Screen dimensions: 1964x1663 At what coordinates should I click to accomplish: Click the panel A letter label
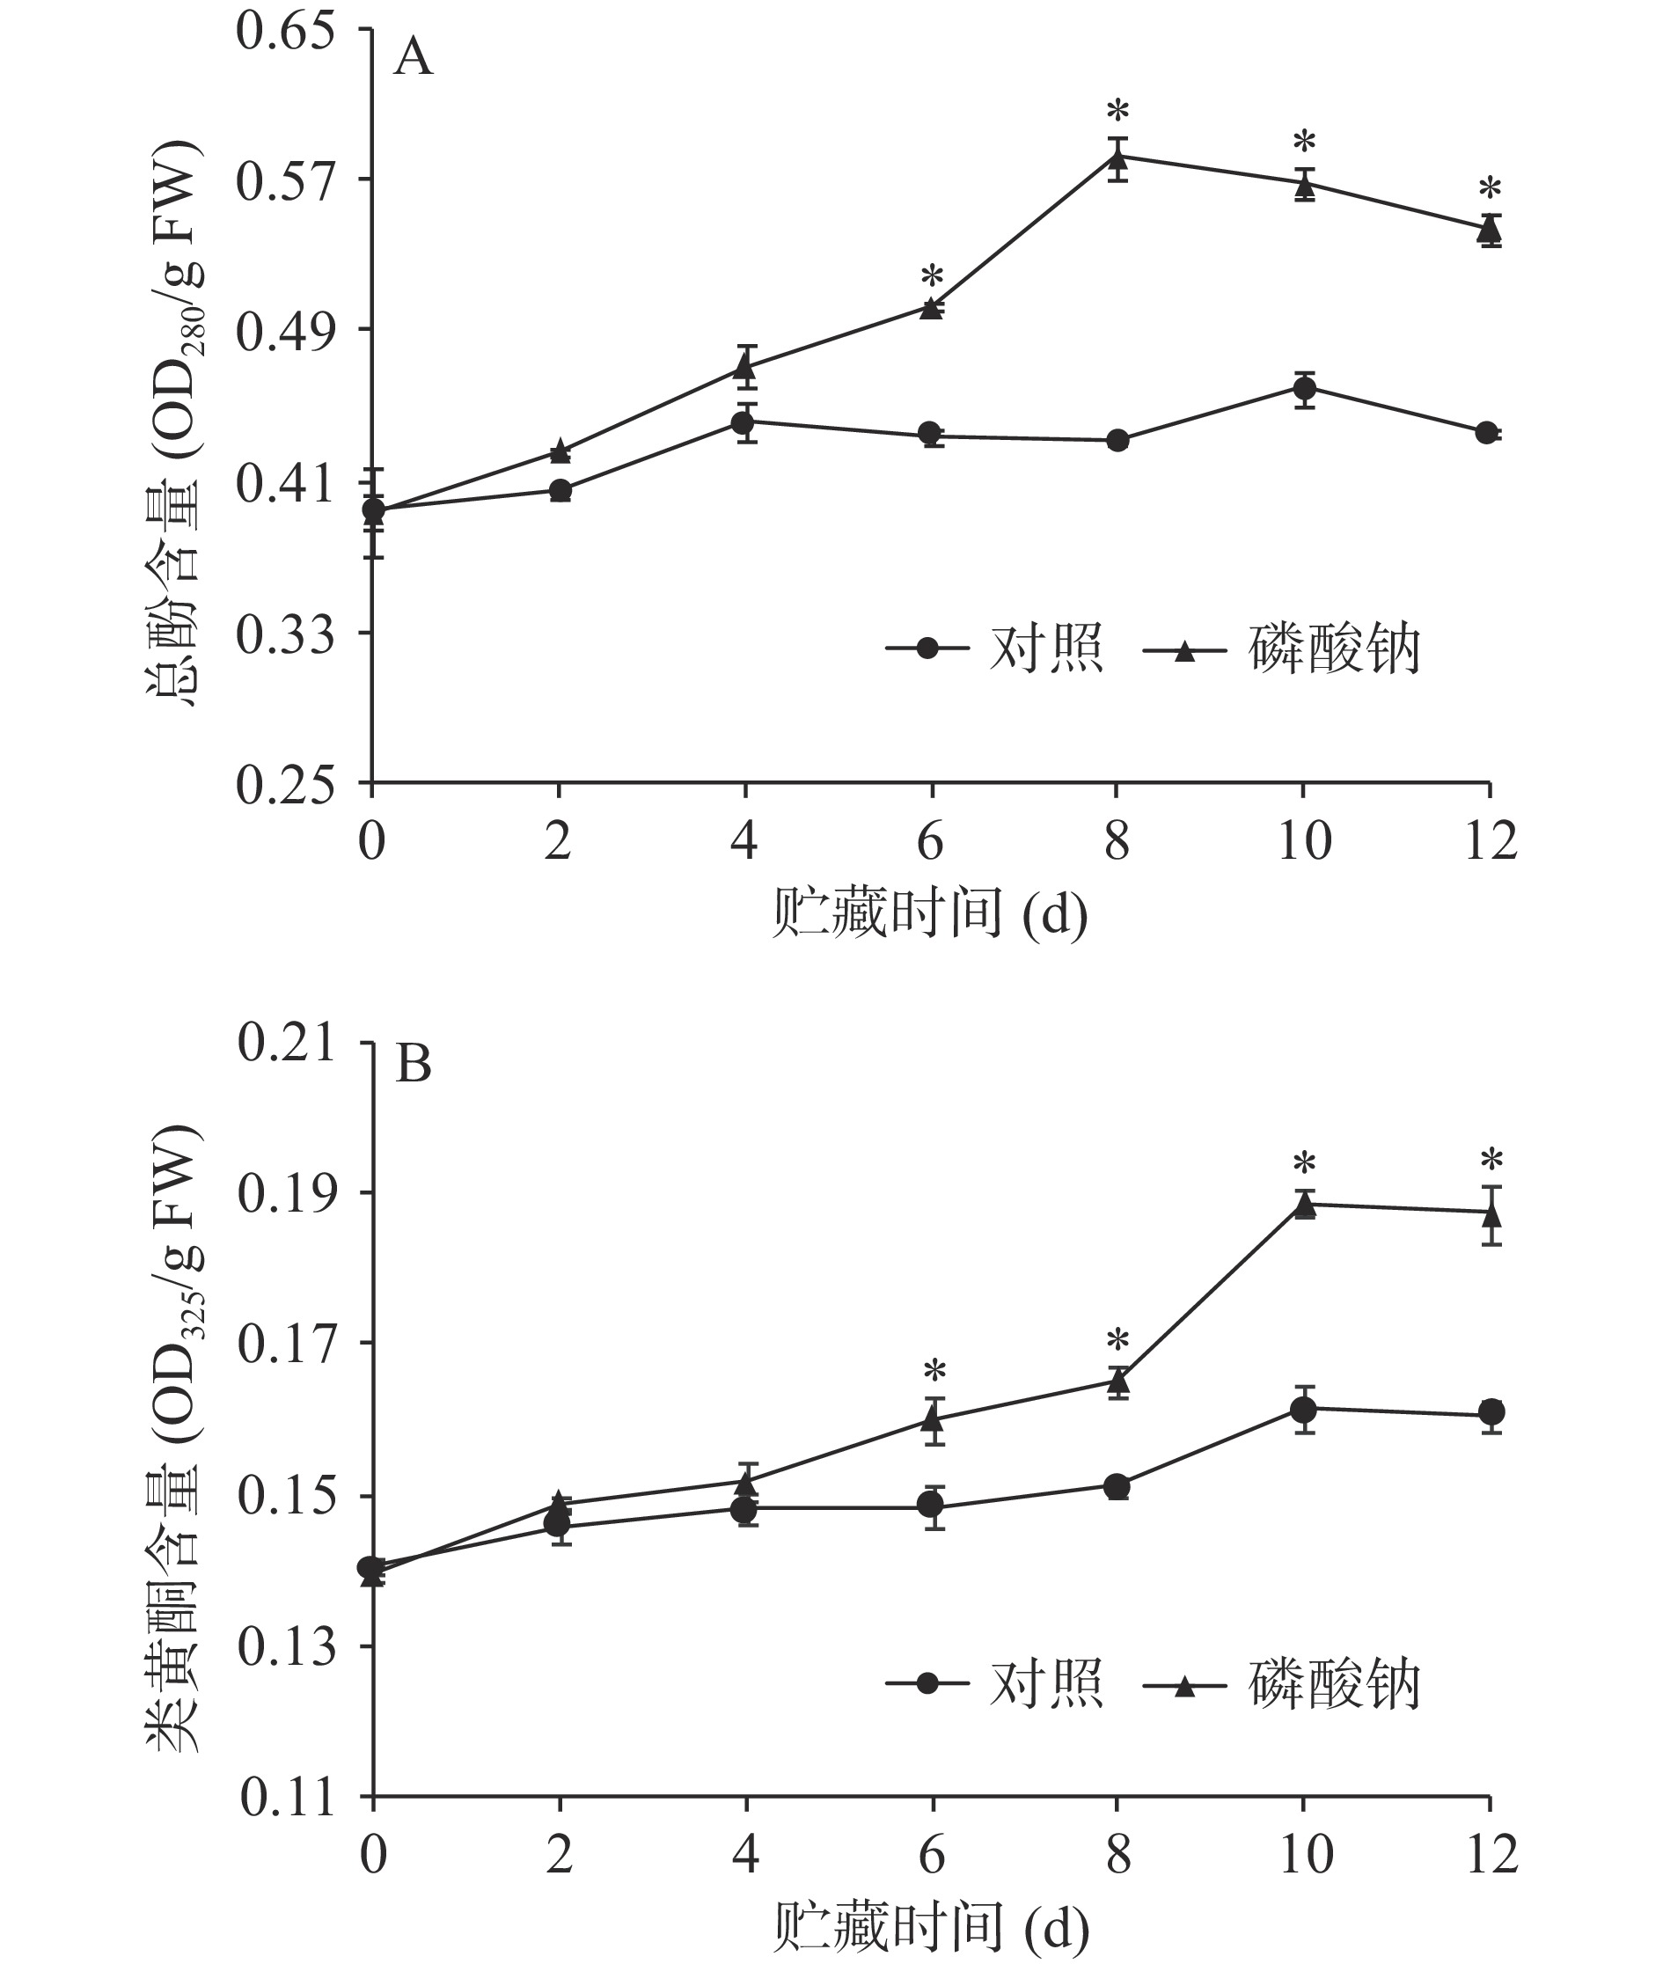(413, 58)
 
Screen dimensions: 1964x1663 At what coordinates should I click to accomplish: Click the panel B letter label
(413, 1065)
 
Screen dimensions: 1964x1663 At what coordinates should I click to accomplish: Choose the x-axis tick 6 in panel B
(932, 1855)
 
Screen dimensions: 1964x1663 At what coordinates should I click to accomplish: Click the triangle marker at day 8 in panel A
(1117, 158)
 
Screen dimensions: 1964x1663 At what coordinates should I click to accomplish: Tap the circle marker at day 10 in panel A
(1304, 387)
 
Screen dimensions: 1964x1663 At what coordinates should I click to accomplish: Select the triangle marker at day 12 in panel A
(1490, 228)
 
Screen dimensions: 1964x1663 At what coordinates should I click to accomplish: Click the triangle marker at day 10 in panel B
(1304, 1206)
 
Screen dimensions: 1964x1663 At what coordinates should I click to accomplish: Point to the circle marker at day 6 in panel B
(932, 1504)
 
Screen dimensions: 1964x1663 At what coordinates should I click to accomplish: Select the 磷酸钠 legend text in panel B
(1334, 1683)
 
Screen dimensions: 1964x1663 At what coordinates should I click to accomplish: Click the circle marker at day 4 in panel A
(744, 421)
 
